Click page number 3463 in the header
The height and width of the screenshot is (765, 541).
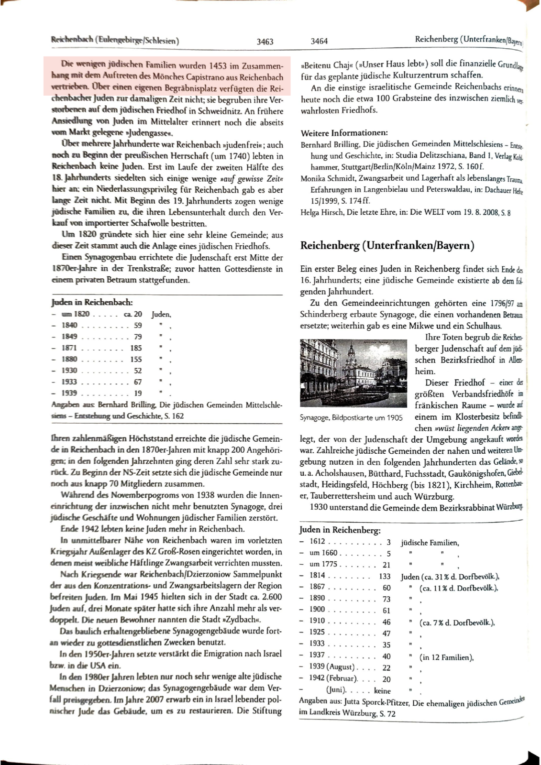pyautogui.click(x=265, y=42)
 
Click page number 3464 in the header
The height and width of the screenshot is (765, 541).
pyautogui.click(x=319, y=42)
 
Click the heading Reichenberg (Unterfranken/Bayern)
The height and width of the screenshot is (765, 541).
pyautogui.click(x=387, y=246)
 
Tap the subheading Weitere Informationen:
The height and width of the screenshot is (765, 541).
pyautogui.click(x=344, y=133)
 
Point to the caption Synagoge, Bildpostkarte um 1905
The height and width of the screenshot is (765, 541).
pyautogui.click(x=351, y=417)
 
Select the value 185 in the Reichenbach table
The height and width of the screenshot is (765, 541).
pyautogui.click(x=136, y=348)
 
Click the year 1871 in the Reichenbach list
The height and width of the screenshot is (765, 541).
pyautogui.click(x=69, y=348)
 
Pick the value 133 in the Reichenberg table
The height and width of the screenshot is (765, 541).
pyautogui.click(x=385, y=576)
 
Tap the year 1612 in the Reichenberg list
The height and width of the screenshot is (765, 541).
pyautogui.click(x=317, y=542)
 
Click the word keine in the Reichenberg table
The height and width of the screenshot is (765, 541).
pyautogui.click(x=383, y=690)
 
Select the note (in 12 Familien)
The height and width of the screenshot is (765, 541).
pyautogui.click(x=446, y=657)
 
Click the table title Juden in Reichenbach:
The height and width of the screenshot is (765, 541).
pyautogui.click(x=92, y=302)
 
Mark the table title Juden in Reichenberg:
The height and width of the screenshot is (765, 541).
pyautogui.click(x=340, y=530)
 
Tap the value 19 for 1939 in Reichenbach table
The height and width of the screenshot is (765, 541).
pyautogui.click(x=138, y=393)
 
